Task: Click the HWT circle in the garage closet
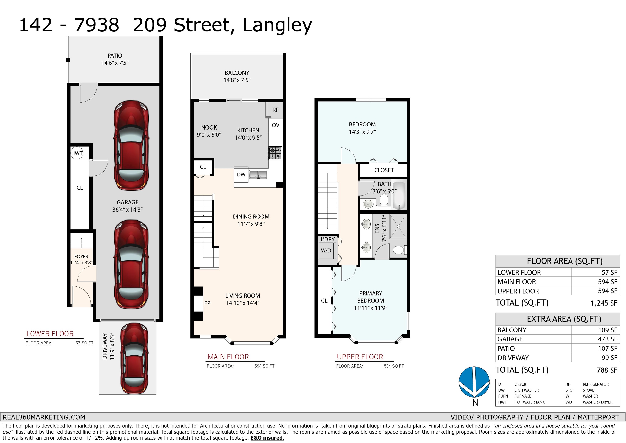77,153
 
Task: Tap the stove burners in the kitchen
275,153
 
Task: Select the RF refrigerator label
275,110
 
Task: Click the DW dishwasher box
241,175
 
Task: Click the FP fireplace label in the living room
207,303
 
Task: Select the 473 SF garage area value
607,339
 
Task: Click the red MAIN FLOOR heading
228,357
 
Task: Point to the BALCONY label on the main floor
237,73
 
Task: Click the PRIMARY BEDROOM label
370,297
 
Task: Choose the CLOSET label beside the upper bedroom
384,170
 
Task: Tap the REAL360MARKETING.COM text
44,417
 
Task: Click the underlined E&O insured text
267,438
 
